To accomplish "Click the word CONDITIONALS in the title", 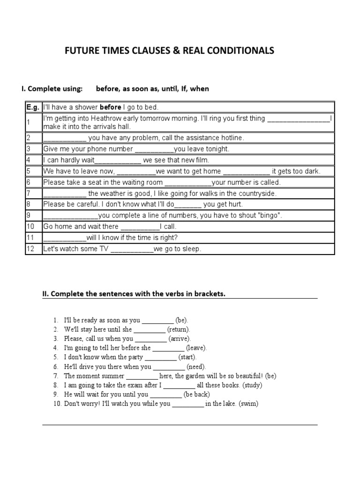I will coord(237,51).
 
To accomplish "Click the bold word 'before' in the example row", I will coord(112,107).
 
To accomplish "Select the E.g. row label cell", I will coord(33,107).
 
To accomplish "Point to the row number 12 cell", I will coord(30,249).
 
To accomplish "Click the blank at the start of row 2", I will coord(65,138).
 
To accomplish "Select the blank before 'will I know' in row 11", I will coord(65,238).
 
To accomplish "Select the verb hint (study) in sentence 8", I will coord(252,385).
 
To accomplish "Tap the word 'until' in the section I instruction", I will coord(158,89).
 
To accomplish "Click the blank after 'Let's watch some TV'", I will coord(132,249).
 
